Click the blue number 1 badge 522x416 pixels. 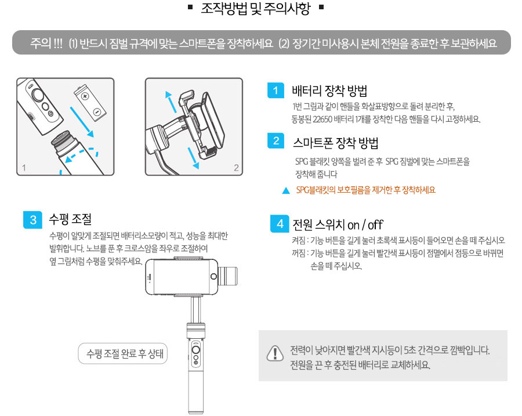(x=275, y=91)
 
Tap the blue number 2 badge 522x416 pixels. (x=275, y=141)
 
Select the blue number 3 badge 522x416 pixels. (x=32, y=220)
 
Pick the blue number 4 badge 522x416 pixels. (x=280, y=223)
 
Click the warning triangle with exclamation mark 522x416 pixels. (x=275, y=353)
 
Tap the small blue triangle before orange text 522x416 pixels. (x=286, y=190)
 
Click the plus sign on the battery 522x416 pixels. (x=85, y=96)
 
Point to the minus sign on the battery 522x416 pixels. (x=97, y=111)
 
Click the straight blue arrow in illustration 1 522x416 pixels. (x=82, y=122)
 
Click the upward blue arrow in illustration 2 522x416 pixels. (x=171, y=102)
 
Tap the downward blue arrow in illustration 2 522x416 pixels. (x=193, y=158)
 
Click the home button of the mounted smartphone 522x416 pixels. (x=213, y=276)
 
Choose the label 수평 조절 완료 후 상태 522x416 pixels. (x=125, y=353)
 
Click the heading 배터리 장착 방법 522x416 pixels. (x=329, y=91)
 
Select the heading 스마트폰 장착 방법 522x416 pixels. (x=336, y=143)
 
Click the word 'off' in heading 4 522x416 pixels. (x=375, y=225)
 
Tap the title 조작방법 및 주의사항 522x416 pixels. (x=256, y=8)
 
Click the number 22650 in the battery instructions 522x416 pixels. (x=322, y=120)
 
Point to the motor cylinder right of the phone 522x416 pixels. (x=229, y=276)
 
